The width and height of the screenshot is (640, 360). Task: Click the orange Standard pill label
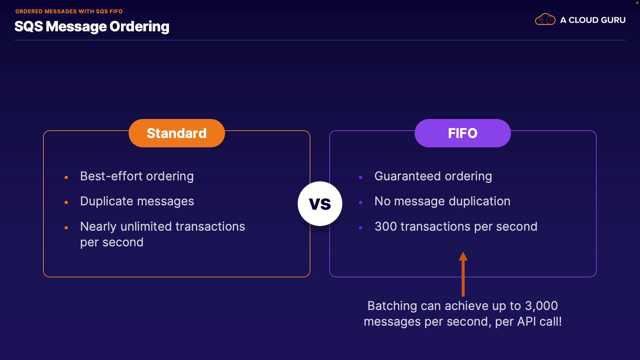pyautogui.click(x=177, y=133)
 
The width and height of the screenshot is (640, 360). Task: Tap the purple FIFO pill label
pyautogui.click(x=463, y=133)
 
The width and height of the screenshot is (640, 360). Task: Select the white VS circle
pyautogui.click(x=320, y=204)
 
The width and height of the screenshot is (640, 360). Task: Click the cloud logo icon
pyautogui.click(x=545, y=20)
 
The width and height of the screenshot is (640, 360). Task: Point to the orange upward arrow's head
pyautogui.click(x=463, y=256)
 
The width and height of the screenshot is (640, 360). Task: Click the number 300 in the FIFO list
pyautogui.click(x=386, y=227)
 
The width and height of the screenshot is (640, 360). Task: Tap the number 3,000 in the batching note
pyautogui.click(x=541, y=306)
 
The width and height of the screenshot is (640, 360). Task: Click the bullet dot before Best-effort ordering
pyautogui.click(x=66, y=178)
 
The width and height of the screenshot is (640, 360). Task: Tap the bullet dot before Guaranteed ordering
pyautogui.click(x=360, y=178)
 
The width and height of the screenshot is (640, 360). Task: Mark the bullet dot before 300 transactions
pyautogui.click(x=360, y=228)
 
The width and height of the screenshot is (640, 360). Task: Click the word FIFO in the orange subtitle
pyautogui.click(x=116, y=11)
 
